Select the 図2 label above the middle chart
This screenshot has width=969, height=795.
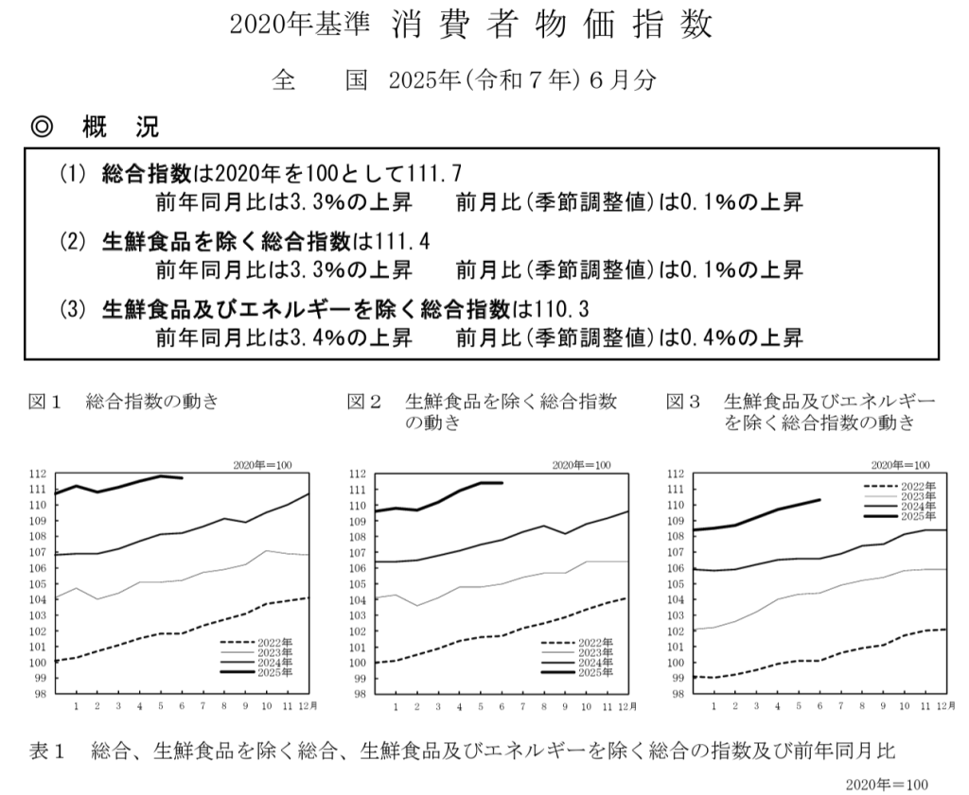364,402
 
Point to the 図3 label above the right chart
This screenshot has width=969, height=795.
683,402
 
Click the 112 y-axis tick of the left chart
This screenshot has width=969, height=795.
38,474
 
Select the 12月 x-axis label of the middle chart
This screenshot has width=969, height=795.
627,707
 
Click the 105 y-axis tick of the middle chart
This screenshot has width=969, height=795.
357,583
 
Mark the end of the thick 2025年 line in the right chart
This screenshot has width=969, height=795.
819,499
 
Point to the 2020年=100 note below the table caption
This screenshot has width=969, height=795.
889,784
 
